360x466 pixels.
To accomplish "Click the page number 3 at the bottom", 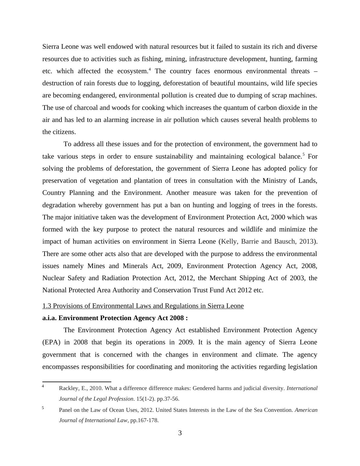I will (x=180, y=433).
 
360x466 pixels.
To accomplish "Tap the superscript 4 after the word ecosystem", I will (x=150, y=69).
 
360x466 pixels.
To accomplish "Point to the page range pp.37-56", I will (x=168, y=399).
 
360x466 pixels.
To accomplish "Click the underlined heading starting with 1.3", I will (x=143, y=306).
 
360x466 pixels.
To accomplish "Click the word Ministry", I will (x=273, y=181).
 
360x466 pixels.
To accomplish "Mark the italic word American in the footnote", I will (x=306, y=410).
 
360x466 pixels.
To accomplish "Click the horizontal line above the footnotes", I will (x=77, y=382).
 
